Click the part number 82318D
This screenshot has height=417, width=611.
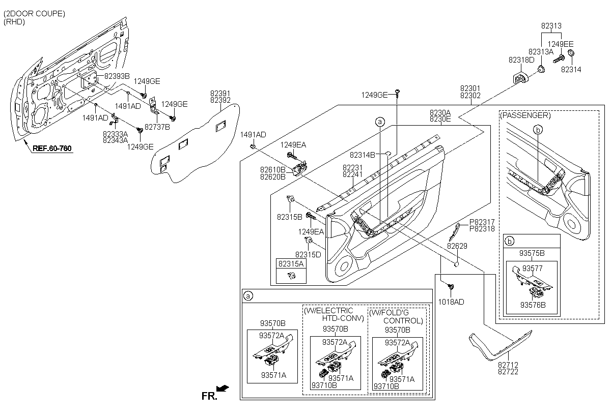click(x=521, y=60)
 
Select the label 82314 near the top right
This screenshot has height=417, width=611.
click(x=571, y=69)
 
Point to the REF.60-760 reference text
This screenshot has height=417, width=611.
click(x=52, y=149)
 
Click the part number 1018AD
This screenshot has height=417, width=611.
click(x=451, y=302)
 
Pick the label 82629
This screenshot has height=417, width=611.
click(x=457, y=246)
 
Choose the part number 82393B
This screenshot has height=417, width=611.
click(x=117, y=76)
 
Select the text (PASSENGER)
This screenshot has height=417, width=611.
click(x=525, y=115)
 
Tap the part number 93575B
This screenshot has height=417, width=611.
click(x=532, y=253)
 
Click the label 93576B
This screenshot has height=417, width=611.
click(x=533, y=305)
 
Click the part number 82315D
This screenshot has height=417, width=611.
click(x=308, y=254)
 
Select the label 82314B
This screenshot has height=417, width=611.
click(x=362, y=155)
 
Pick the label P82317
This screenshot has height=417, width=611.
click(x=482, y=222)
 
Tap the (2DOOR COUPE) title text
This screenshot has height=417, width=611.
click(x=34, y=14)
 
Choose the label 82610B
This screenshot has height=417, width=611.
click(x=272, y=169)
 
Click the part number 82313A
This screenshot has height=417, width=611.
click(x=541, y=51)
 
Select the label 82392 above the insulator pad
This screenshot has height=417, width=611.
click(x=220, y=100)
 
